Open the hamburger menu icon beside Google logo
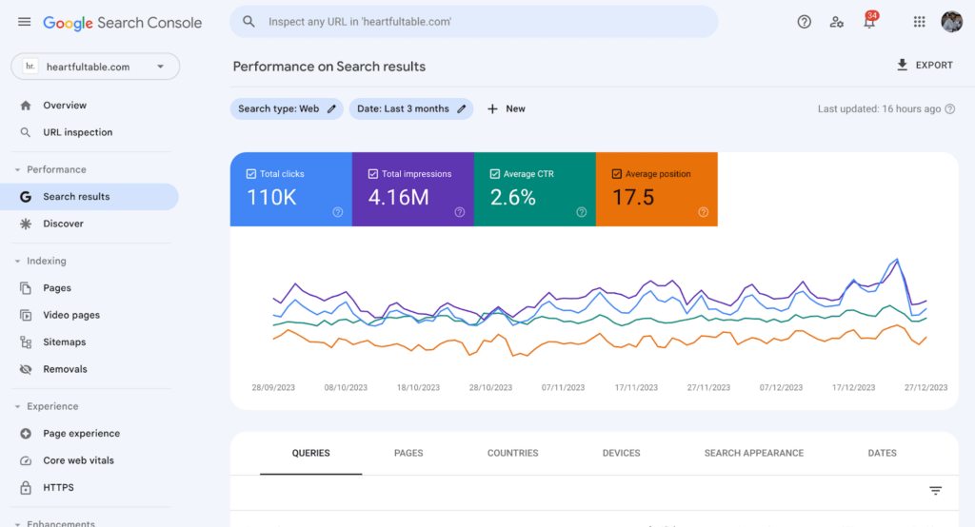pyautogui.click(x=24, y=22)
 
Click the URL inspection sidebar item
pyautogui.click(x=77, y=132)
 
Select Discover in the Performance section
pyautogui.click(x=63, y=224)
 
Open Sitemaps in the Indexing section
pyautogui.click(x=64, y=342)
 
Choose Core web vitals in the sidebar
pyautogui.click(x=78, y=460)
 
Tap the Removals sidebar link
pyautogui.click(x=65, y=369)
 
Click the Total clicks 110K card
pyautogui.click(x=290, y=189)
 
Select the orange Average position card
pyautogui.click(x=656, y=189)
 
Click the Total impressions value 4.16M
pyautogui.click(x=398, y=198)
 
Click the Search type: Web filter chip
pyautogui.click(x=286, y=108)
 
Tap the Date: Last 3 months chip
pyautogui.click(x=410, y=108)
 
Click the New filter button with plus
pyautogui.click(x=507, y=108)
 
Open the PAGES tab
pyautogui.click(x=408, y=453)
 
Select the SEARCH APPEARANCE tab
pyautogui.click(x=753, y=453)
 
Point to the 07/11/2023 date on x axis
pyautogui.click(x=563, y=387)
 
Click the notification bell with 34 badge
pyautogui.click(x=869, y=22)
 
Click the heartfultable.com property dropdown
pyautogui.click(x=95, y=67)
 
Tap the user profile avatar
pyautogui.click(x=951, y=22)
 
